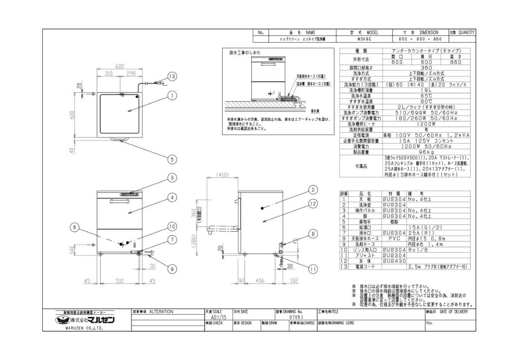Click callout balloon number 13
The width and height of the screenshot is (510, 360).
click(x=171, y=76)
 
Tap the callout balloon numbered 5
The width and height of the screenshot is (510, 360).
click(x=171, y=158)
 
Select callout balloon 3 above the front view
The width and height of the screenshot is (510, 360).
click(x=171, y=178)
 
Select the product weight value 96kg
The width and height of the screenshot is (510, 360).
click(x=426, y=152)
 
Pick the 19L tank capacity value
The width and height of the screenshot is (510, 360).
click(x=426, y=90)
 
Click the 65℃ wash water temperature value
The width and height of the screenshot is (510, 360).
click(x=426, y=96)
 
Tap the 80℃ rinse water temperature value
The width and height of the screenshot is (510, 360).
click(x=426, y=101)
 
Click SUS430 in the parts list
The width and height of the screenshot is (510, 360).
click(x=393, y=261)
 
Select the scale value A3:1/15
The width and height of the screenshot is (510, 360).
click(x=214, y=317)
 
